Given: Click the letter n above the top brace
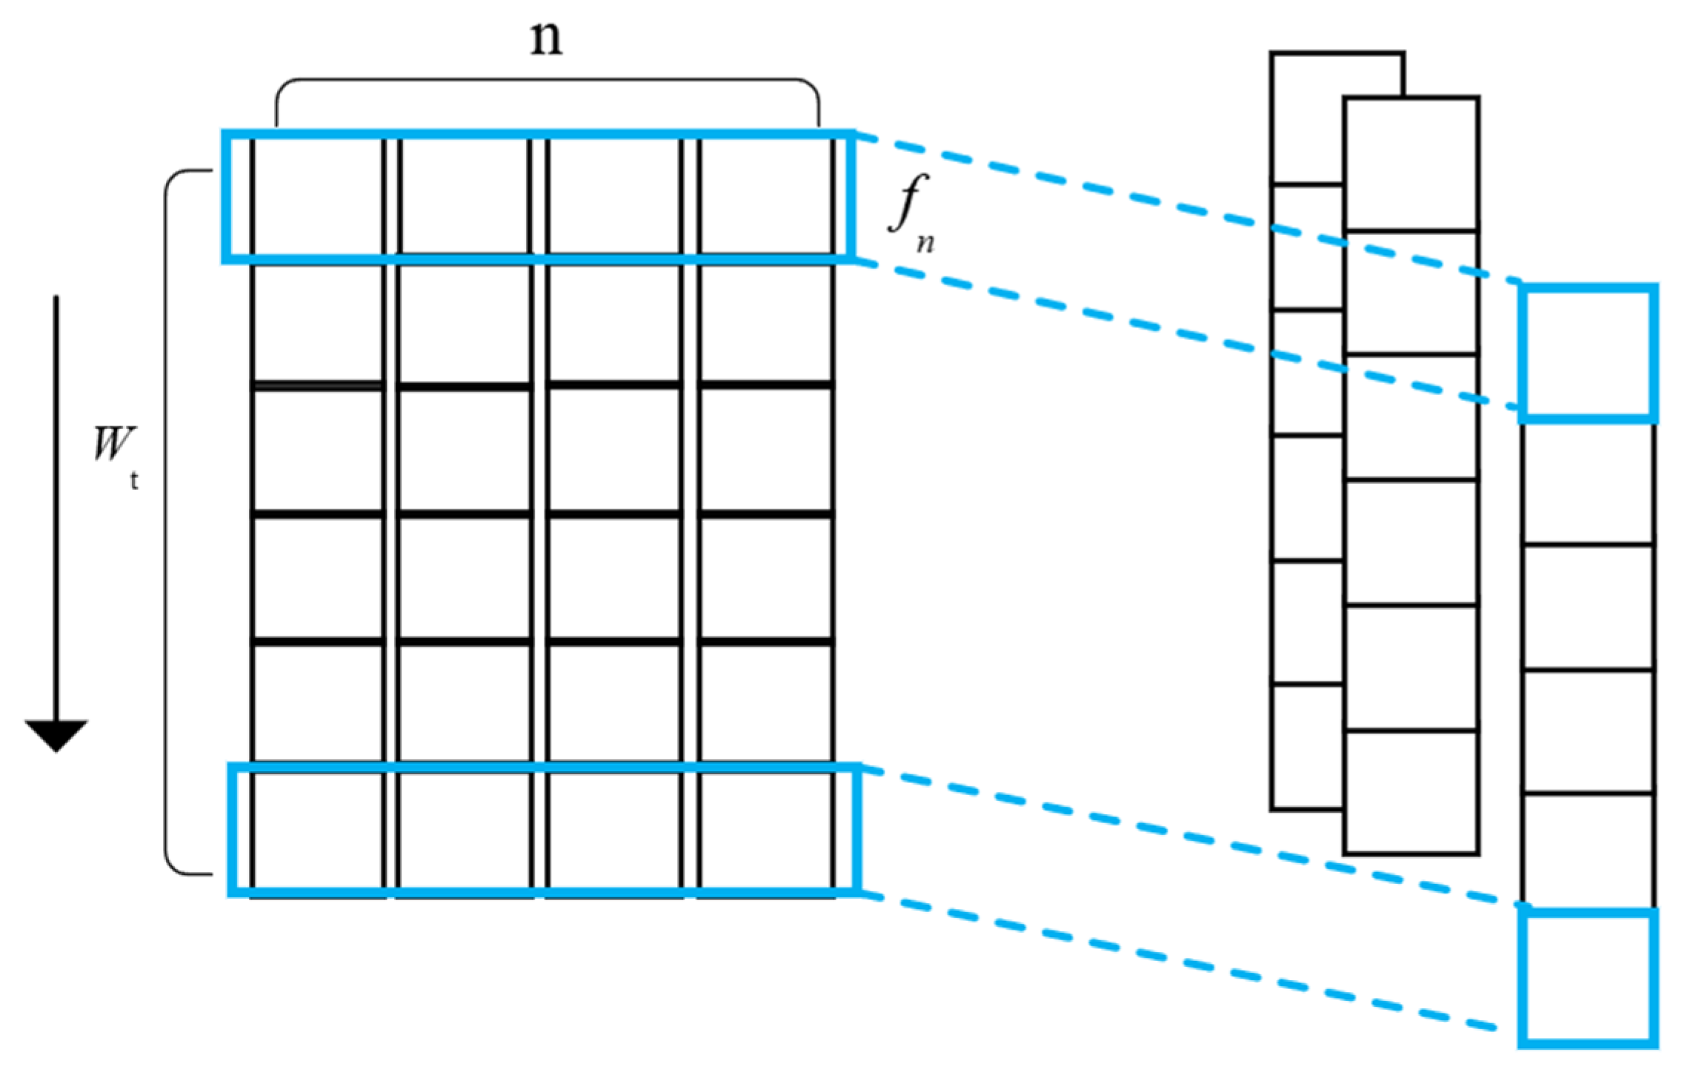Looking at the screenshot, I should (547, 39).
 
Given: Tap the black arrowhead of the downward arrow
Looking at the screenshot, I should (56, 733).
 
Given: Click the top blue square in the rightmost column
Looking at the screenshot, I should (1588, 353).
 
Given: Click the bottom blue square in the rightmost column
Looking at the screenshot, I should (1588, 978).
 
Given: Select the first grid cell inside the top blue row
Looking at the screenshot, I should (318, 196).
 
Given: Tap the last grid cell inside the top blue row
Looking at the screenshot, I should (765, 196).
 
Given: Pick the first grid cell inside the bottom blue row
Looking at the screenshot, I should (318, 830).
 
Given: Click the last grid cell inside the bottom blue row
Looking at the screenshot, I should (765, 830).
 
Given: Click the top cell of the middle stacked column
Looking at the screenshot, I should (1411, 163).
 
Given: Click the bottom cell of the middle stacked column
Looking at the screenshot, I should (1411, 793).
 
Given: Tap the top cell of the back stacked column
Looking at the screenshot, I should (1308, 119).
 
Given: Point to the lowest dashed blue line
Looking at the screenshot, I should (1185, 963).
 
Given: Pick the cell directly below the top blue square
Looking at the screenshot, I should (1588, 483).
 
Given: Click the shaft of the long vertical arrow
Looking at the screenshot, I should (56, 504).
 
